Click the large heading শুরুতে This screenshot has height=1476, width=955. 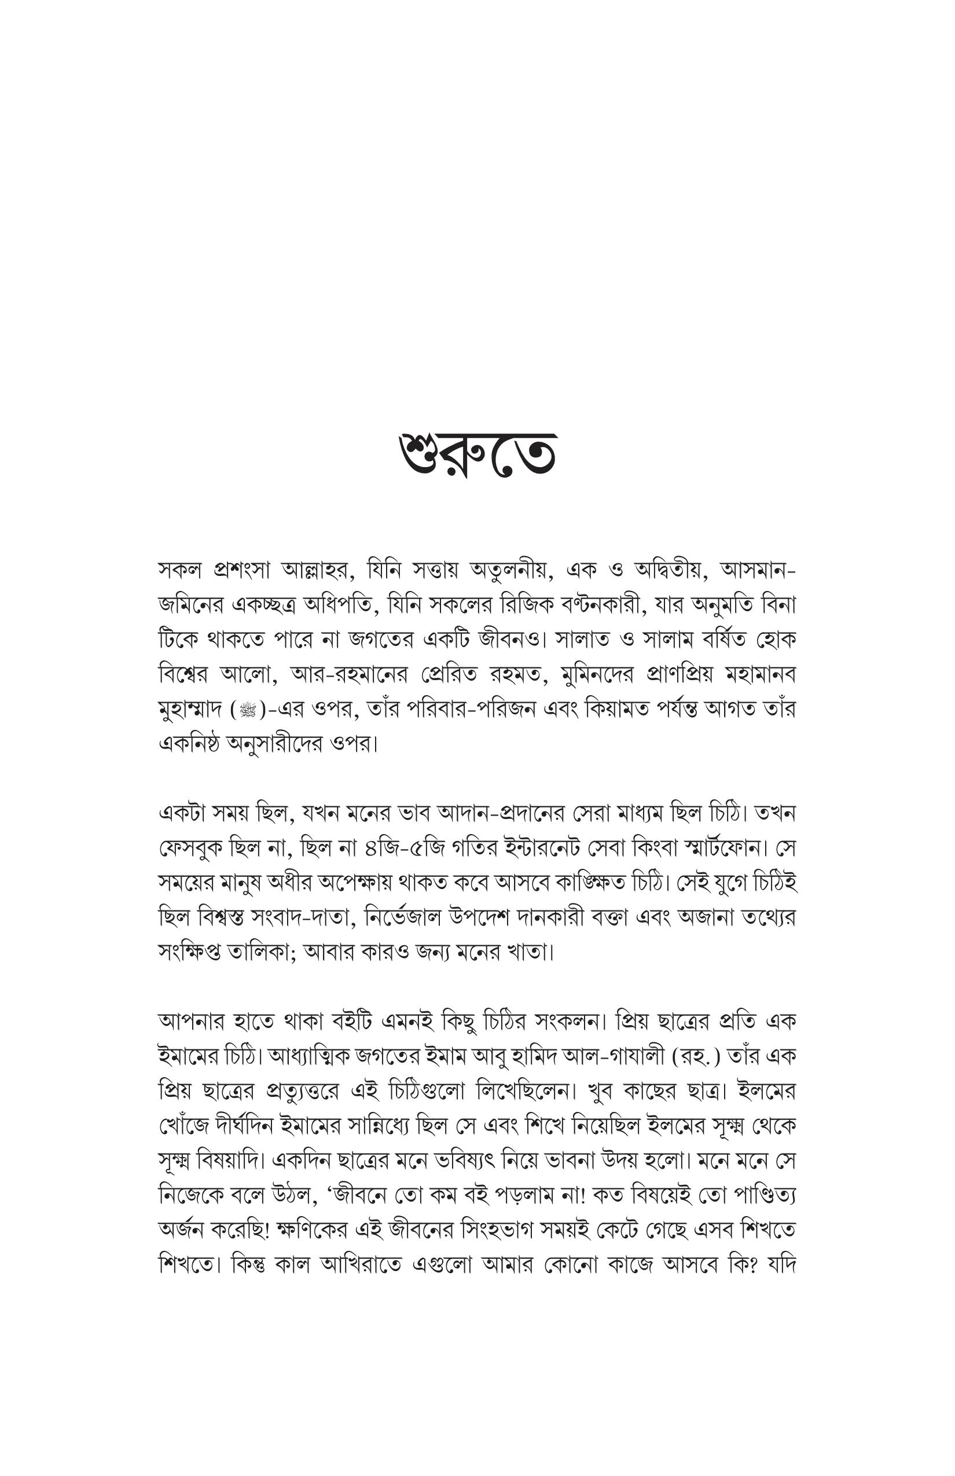click(477, 455)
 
